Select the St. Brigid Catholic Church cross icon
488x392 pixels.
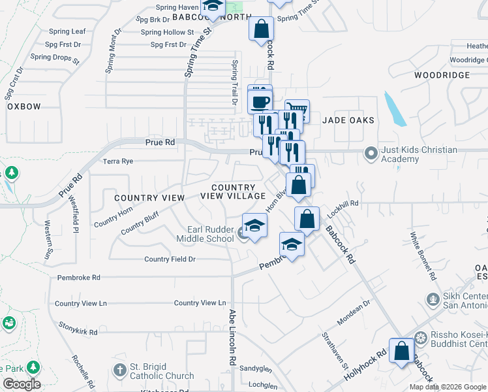119,370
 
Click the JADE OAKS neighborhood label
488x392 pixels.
348,120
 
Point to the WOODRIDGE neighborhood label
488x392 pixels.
442,75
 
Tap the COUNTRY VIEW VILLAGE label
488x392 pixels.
233,191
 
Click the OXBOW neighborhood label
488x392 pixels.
24,106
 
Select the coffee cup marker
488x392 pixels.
260,102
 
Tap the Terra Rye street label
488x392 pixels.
117,161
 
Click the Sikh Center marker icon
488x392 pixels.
431,299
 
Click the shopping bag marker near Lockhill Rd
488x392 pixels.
307,219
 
